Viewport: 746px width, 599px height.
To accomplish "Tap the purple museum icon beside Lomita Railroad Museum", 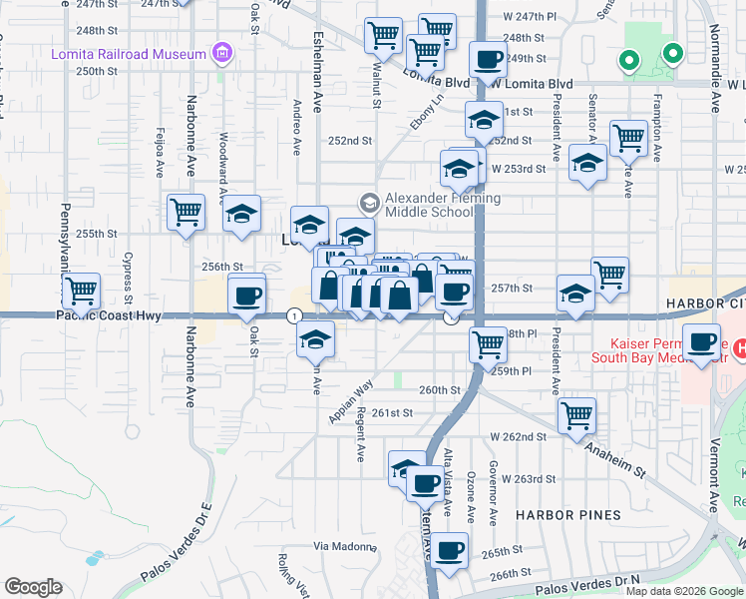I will tap(221, 53).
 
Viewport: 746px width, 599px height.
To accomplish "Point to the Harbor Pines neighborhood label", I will tap(568, 515).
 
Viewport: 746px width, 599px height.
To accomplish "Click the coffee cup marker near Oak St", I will tap(247, 296).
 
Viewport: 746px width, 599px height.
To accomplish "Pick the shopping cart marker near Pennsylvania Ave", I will tap(82, 292).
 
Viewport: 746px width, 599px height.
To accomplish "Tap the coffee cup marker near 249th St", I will tap(488, 61).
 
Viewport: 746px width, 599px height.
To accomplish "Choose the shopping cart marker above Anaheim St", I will tap(577, 415).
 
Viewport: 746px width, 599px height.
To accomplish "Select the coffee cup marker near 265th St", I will tap(450, 549).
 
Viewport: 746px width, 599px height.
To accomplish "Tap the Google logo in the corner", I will tap(33, 587).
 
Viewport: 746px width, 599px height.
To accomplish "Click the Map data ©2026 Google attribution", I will tap(685, 591).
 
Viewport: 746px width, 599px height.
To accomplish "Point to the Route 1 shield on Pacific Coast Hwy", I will tap(294, 315).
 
